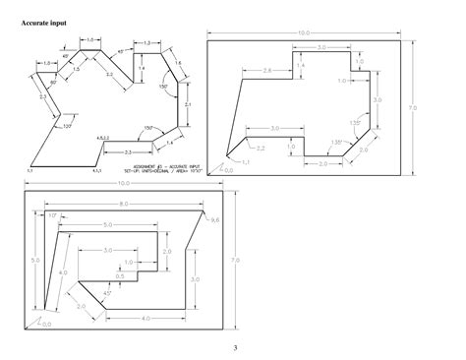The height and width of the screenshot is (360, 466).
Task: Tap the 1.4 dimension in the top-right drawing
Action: pos(301,65)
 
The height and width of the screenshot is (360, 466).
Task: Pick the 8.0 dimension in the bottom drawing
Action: pos(123,205)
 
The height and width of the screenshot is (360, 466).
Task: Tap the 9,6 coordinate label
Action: pos(216,220)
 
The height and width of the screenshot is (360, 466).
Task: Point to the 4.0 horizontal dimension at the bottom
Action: pos(145,318)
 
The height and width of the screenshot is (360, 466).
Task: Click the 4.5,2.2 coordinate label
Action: pos(102,138)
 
